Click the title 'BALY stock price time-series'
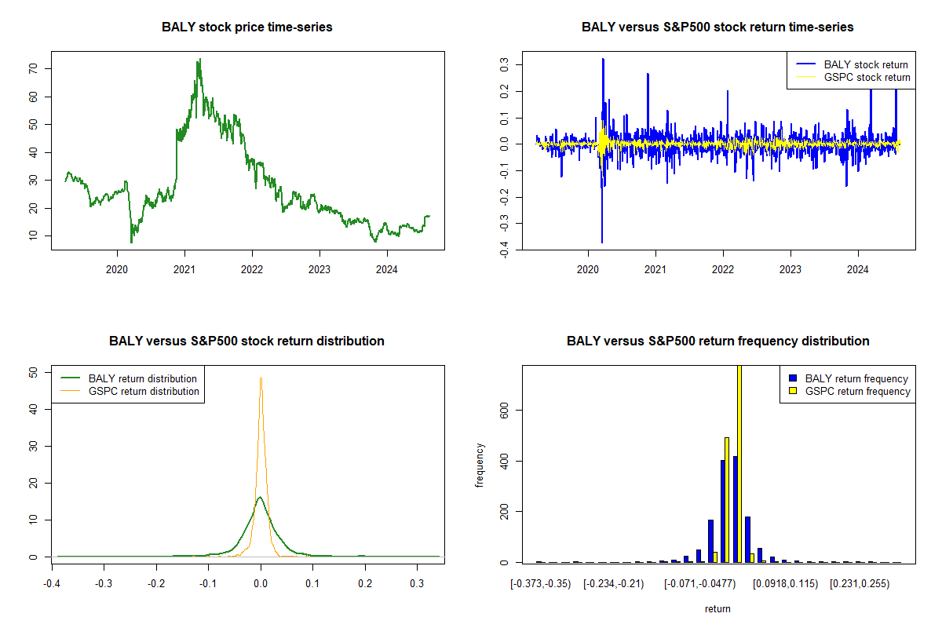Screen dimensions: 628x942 [247, 27]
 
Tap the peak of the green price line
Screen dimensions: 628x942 [199, 59]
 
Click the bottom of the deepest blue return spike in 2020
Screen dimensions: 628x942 [602, 242]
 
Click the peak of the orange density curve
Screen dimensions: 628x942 [261, 378]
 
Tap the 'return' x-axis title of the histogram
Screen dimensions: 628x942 [717, 608]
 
